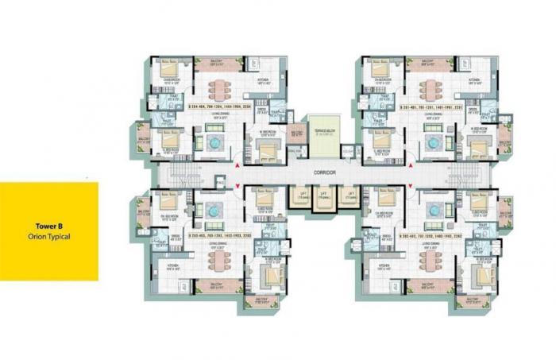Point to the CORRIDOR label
(x=324, y=172)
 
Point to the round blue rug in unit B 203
(x=214, y=209)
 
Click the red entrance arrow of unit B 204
(x=236, y=165)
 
